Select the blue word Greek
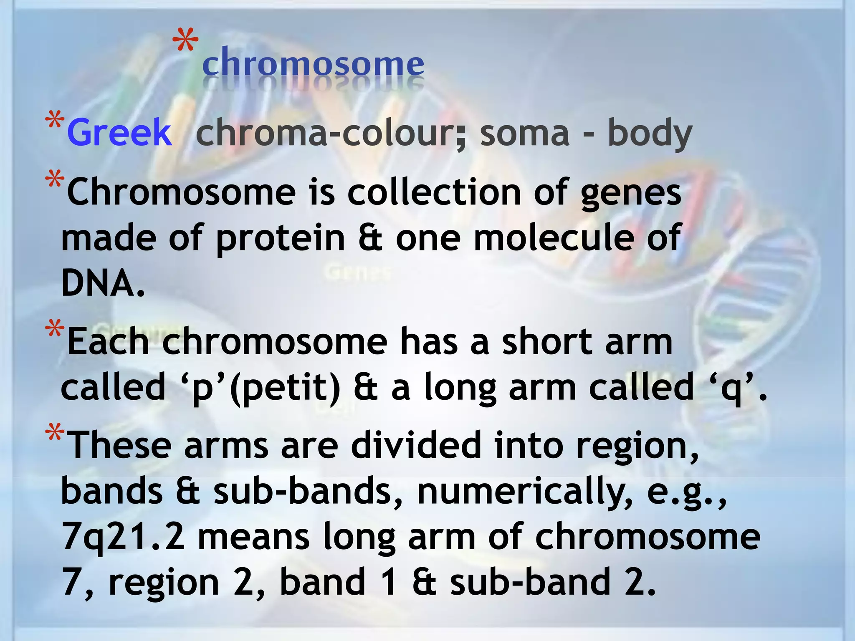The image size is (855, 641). (119, 132)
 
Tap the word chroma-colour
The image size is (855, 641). (330, 132)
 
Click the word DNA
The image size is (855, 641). (103, 283)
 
